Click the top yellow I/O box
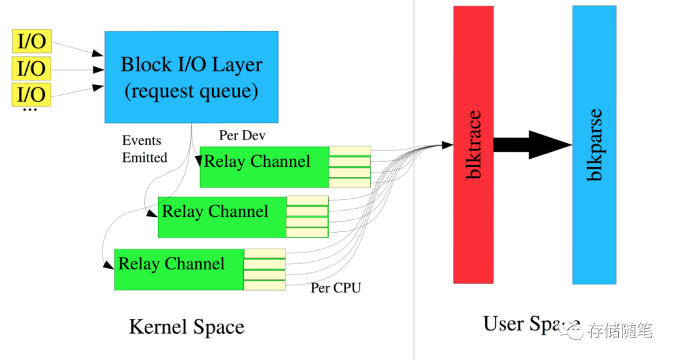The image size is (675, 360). pyautogui.click(x=32, y=41)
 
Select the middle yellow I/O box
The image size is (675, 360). pyautogui.click(x=32, y=68)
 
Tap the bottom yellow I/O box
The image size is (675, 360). pyautogui.click(x=32, y=94)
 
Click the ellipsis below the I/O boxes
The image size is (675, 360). pyautogui.click(x=30, y=110)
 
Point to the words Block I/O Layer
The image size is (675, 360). pyautogui.click(x=192, y=64)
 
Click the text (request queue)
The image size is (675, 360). pyautogui.click(x=192, y=91)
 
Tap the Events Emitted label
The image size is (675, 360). pyautogui.click(x=144, y=149)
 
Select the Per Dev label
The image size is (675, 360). pyautogui.click(x=242, y=135)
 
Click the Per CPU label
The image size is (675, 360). pyautogui.click(x=336, y=287)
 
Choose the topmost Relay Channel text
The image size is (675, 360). pyautogui.click(x=257, y=161)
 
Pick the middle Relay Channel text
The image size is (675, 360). pyautogui.click(x=215, y=211)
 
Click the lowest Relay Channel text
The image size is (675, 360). pyautogui.click(x=171, y=264)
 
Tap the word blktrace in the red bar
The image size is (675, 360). pyautogui.click(x=474, y=145)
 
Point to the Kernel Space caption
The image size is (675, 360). pyautogui.click(x=187, y=327)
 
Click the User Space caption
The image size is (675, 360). pyautogui.click(x=532, y=324)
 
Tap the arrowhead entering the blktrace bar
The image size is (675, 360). pyautogui.click(x=447, y=145)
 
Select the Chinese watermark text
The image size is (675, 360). pyautogui.click(x=621, y=331)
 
